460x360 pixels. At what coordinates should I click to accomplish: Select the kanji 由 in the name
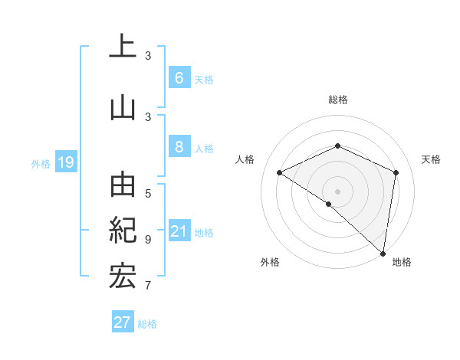point(122,185)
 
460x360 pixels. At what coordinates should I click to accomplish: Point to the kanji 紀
point(122,231)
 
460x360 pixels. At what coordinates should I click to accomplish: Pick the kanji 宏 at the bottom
point(122,276)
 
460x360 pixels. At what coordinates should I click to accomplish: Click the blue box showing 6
point(179,77)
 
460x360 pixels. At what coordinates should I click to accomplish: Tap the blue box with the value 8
point(179,147)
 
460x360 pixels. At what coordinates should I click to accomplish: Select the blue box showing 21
point(179,231)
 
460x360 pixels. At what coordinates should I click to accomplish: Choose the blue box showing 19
point(65,162)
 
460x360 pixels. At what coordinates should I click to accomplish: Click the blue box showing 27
point(122,322)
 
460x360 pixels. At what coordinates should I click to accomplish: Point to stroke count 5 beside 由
point(148,193)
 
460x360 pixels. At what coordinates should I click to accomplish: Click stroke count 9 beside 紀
point(148,239)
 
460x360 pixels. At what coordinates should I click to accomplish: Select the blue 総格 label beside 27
point(147,324)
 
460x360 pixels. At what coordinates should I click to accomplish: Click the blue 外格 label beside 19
point(40,163)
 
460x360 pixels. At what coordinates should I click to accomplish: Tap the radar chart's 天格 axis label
point(431,159)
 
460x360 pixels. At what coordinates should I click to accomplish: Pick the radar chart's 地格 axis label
point(402,262)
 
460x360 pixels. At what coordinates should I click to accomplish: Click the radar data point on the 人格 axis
point(280,172)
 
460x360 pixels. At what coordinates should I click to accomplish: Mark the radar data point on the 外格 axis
point(328,204)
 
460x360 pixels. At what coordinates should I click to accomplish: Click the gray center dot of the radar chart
point(337,191)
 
